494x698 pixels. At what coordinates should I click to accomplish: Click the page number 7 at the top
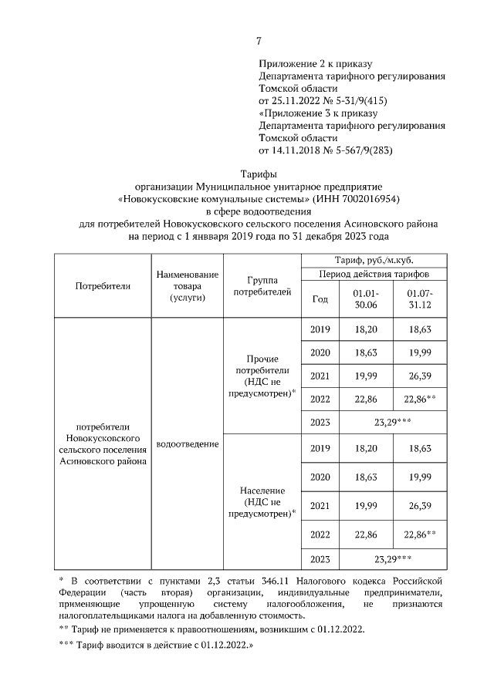tap(259, 41)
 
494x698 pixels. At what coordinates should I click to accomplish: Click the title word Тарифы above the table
tap(259, 175)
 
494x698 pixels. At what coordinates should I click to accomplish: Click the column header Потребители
tap(103, 285)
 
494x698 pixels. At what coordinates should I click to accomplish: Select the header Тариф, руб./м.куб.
tap(378, 260)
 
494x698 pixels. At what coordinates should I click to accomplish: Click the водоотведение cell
tap(188, 445)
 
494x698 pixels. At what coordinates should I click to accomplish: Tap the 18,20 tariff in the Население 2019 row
tap(365, 448)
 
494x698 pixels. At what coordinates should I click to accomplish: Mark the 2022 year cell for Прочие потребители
tap(320, 399)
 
